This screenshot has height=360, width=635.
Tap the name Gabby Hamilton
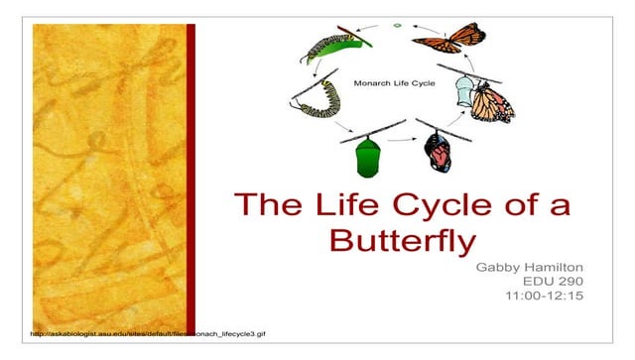pos(525,268)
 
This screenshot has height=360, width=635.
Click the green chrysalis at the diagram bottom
pos(366,156)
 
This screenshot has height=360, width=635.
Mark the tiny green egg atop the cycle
pos(396,23)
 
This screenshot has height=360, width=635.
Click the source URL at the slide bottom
pos(150,334)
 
